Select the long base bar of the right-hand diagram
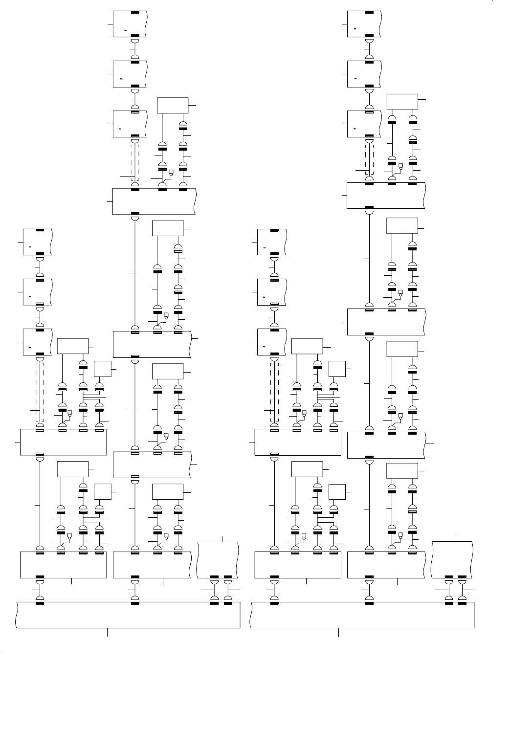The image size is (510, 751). click(362, 615)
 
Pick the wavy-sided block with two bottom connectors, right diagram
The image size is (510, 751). click(452, 560)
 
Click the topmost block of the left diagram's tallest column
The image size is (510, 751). click(130, 23)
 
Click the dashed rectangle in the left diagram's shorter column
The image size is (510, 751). click(41, 391)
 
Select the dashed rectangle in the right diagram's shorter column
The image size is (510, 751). click(275, 391)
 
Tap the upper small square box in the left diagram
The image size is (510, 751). click(103, 369)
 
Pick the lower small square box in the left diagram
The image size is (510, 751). click(103, 491)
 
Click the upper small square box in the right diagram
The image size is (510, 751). click(337, 369)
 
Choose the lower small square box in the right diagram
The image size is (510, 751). click(337, 491)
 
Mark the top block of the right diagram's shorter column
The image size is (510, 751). click(272, 242)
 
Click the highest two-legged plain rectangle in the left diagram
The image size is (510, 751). click(173, 105)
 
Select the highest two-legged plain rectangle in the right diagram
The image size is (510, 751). click(402, 102)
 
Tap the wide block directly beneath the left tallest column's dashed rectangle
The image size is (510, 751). click(154, 201)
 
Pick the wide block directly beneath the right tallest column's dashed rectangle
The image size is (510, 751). click(386, 195)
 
